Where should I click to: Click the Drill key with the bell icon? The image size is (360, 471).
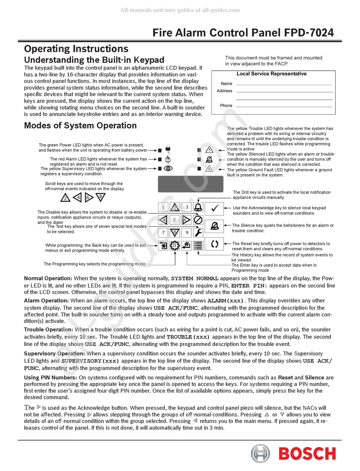(198, 207)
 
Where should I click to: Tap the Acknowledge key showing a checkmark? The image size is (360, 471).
(214, 208)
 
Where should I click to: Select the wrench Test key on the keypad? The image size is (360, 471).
(198, 232)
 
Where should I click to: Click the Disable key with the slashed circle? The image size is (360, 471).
(198, 220)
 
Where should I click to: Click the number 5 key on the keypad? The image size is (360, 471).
(174, 220)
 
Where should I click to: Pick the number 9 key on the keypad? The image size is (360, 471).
(186, 232)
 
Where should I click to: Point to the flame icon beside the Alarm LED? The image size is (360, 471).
(169, 160)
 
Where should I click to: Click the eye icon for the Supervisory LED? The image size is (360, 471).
(169, 169)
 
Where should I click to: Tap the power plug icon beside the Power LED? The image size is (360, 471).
(169, 149)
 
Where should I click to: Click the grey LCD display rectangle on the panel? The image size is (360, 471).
(190, 184)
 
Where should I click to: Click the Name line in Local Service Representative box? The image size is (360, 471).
(284, 84)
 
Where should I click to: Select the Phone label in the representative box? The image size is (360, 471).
(226, 106)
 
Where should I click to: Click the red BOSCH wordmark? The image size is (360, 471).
(307, 454)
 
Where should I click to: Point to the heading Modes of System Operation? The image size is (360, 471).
(80, 125)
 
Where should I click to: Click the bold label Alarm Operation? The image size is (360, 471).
(47, 300)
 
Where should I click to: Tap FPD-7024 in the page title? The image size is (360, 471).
(309, 33)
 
